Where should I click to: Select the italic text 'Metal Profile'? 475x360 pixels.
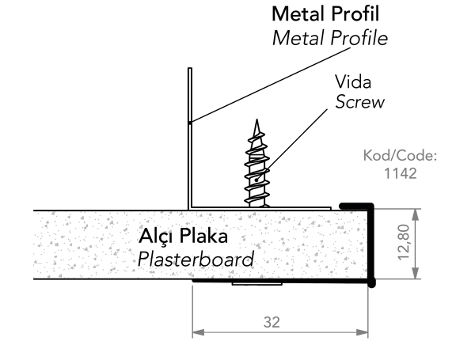[329, 37]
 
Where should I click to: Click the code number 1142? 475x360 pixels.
[400, 173]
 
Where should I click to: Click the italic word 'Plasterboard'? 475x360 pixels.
[196, 259]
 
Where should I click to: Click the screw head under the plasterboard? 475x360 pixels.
[256, 283]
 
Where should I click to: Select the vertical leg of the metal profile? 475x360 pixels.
[190, 138]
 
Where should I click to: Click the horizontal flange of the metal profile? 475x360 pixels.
[261, 208]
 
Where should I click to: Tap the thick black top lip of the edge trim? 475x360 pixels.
[356, 206]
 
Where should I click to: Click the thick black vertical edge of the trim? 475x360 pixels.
[370, 244]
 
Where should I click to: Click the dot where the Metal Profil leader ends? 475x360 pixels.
[190, 122]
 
